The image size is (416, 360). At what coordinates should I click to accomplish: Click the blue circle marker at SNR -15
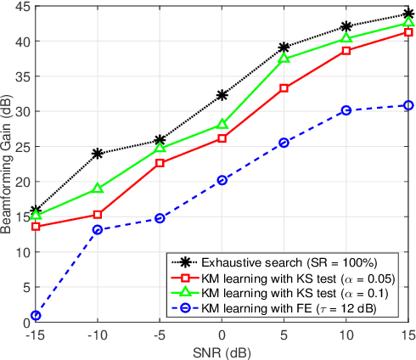click(x=36, y=316)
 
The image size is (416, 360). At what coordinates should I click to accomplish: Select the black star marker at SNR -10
click(x=98, y=154)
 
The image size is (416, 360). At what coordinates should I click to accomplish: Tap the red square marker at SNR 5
click(x=284, y=88)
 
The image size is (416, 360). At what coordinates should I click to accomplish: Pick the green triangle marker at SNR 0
click(x=222, y=124)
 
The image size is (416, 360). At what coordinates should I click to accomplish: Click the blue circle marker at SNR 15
click(x=408, y=105)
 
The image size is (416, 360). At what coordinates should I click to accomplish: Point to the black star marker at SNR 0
click(x=222, y=95)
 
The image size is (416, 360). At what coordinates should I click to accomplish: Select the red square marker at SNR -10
click(x=98, y=215)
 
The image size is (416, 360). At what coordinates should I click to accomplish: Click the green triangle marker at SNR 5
click(x=284, y=58)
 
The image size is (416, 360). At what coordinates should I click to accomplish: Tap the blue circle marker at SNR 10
click(x=346, y=110)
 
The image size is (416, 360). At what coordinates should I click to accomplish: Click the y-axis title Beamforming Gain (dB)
click(x=8, y=161)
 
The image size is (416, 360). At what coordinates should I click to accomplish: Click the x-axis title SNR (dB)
click(x=222, y=352)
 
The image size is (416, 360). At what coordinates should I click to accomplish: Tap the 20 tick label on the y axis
click(x=20, y=182)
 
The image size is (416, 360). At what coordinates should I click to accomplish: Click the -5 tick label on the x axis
click(x=160, y=335)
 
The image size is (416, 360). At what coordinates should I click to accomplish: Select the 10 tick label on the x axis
click(x=346, y=335)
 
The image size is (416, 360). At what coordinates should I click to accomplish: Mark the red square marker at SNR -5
click(x=160, y=163)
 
